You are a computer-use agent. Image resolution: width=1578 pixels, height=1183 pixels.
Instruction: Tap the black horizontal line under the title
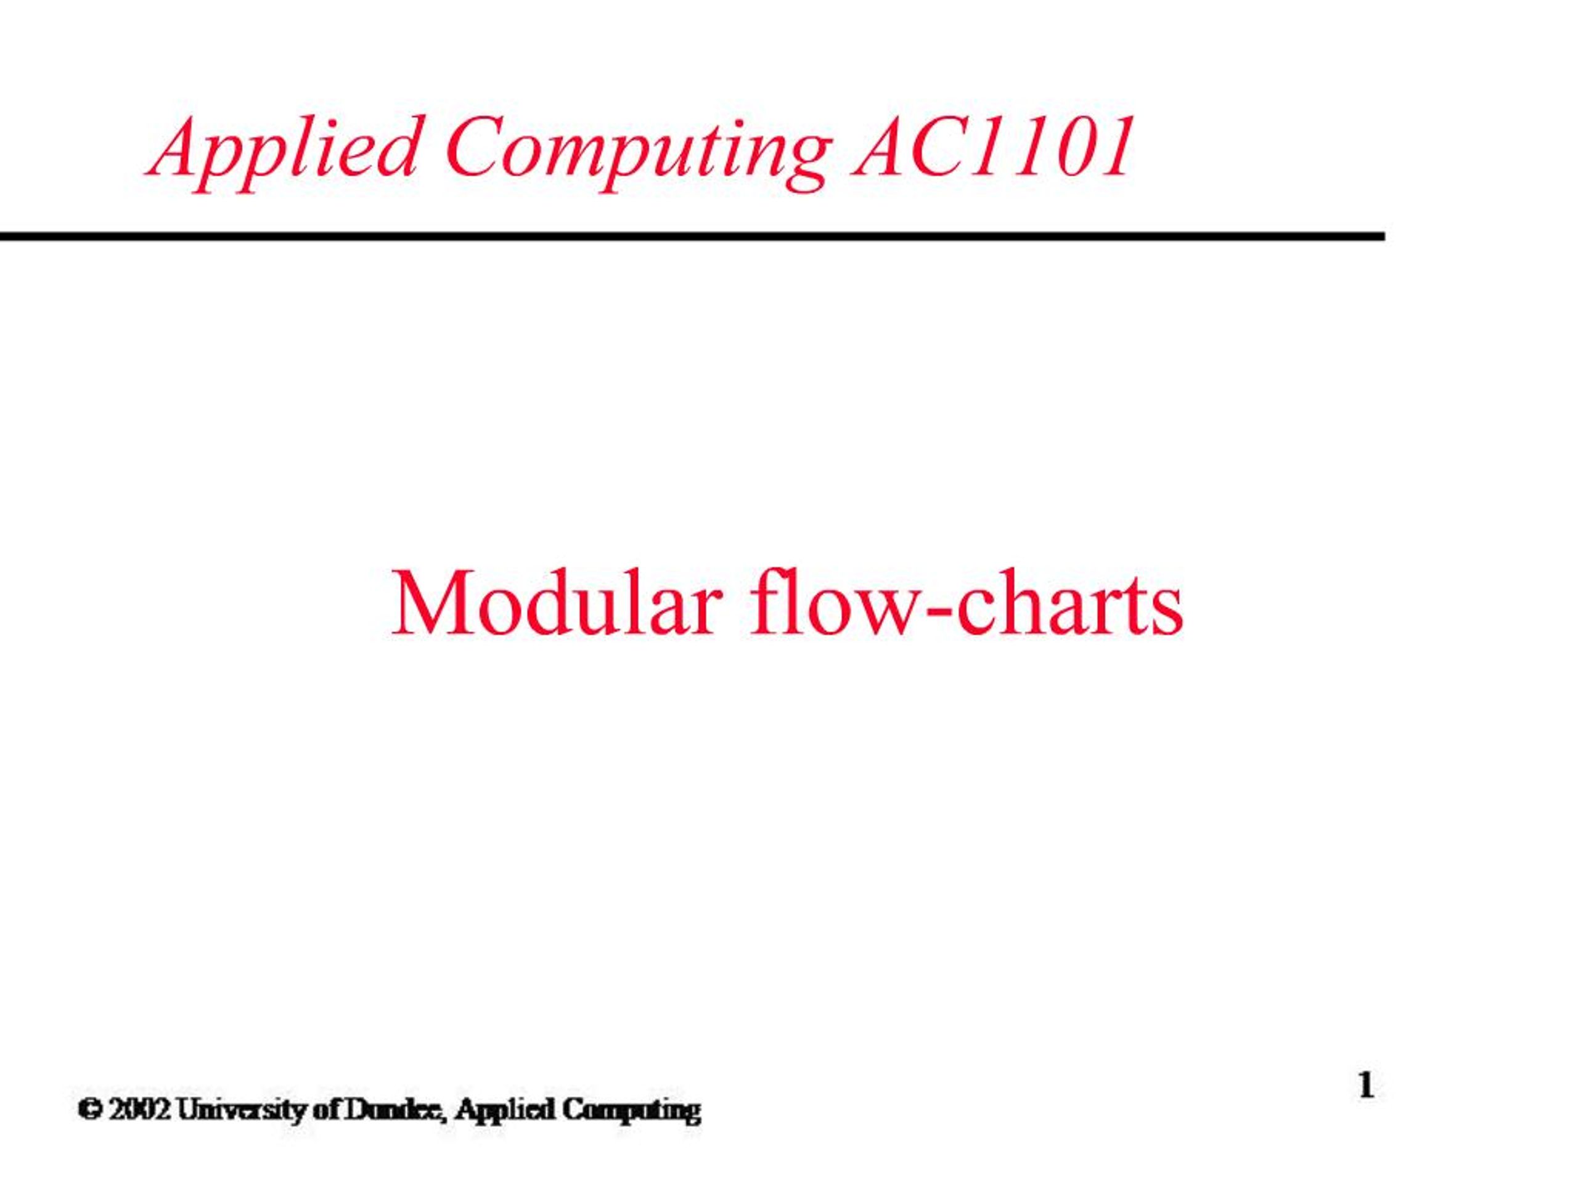[692, 236]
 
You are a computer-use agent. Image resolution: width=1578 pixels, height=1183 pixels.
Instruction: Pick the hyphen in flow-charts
[931, 610]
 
